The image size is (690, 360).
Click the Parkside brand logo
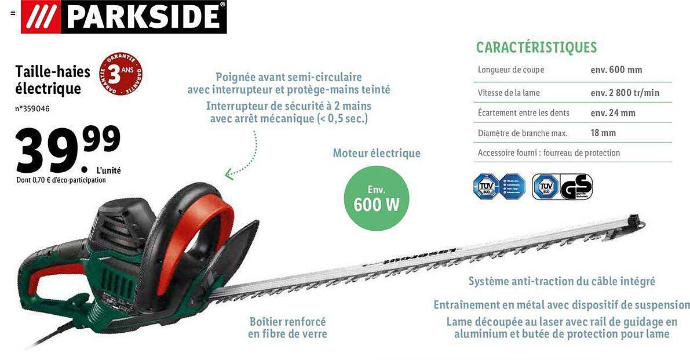pyautogui.click(x=124, y=16)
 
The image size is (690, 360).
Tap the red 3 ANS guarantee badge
pyautogui.click(x=121, y=75)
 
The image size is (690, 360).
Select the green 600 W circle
pyautogui.click(x=376, y=198)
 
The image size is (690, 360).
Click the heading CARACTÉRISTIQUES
pyautogui.click(x=536, y=48)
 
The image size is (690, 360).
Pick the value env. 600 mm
pyautogui.click(x=616, y=70)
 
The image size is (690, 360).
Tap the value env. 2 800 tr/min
pyautogui.click(x=625, y=93)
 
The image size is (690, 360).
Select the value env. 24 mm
pyautogui.click(x=612, y=112)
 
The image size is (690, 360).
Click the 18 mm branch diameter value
pyautogui.click(x=603, y=133)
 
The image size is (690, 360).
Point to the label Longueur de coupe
pyautogui.click(x=511, y=70)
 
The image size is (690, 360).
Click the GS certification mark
pyautogui.click(x=576, y=187)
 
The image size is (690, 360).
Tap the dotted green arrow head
pyautogui.click(x=228, y=173)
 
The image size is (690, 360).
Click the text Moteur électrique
pyautogui.click(x=376, y=154)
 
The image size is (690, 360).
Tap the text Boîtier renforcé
pyautogui.click(x=287, y=321)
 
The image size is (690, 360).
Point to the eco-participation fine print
pyautogui.click(x=61, y=180)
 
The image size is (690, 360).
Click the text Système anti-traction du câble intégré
pyautogui.click(x=561, y=281)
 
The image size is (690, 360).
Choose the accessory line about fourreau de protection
pyautogui.click(x=548, y=153)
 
